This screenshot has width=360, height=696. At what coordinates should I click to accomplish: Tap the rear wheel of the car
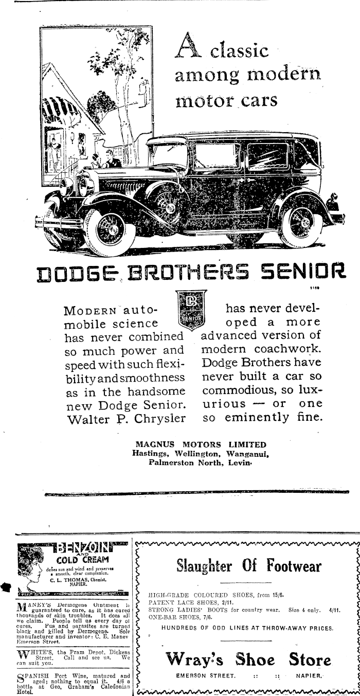pyautogui.click(x=302, y=220)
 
